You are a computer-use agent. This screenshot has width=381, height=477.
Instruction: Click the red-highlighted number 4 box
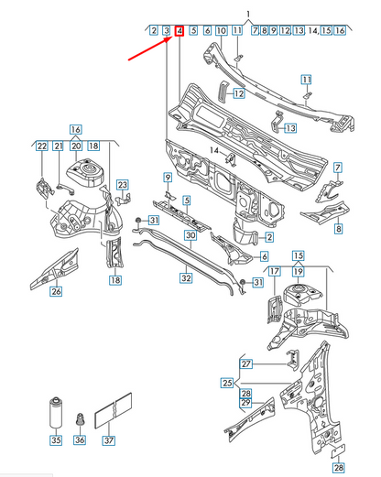180,31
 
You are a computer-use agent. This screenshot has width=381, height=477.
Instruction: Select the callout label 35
56,440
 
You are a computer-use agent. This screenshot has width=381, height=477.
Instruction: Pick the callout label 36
80,440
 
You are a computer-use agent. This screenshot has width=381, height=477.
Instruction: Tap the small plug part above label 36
80,419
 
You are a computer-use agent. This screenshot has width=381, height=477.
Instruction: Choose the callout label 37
109,440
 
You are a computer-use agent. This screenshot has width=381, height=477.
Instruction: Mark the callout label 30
190,235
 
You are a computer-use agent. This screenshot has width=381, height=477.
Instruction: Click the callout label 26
56,293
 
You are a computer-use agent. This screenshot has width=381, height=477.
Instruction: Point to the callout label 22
42,146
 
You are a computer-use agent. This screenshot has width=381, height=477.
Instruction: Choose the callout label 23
123,184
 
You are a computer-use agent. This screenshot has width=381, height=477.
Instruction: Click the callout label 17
273,271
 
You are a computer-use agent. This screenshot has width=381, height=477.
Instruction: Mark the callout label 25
228,381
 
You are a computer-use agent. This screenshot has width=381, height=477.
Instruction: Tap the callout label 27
245,363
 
